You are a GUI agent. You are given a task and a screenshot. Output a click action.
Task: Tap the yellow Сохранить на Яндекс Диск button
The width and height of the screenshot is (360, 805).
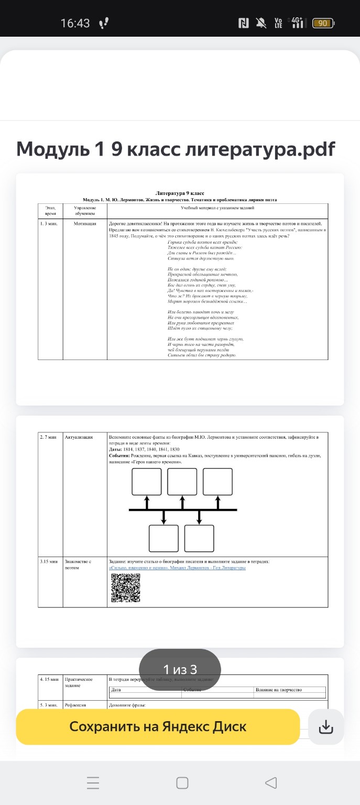[158, 727]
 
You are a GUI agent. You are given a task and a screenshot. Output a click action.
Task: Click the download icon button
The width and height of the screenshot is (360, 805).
[326, 727]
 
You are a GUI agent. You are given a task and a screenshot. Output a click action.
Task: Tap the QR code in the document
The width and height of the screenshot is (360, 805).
[126, 588]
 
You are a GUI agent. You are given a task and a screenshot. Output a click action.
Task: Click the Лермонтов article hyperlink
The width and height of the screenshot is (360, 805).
[177, 568]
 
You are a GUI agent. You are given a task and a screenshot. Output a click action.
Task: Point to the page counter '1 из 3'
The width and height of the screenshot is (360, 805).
[180, 669]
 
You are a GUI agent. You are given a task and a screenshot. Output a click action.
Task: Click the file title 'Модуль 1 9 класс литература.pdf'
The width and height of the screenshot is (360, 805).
[176, 149]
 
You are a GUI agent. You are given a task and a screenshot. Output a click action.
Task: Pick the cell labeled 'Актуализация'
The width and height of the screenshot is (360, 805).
[79, 437]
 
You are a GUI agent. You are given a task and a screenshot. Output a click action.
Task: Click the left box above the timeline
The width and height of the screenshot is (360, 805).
[147, 482]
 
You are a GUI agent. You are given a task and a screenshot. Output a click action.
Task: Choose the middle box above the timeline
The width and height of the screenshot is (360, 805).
[182, 482]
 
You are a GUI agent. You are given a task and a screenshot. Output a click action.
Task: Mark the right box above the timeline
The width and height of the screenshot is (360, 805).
[217, 482]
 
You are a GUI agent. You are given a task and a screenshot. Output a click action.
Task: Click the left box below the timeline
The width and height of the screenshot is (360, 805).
[164, 538]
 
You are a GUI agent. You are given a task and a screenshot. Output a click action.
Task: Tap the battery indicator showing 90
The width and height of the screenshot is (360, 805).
[323, 23]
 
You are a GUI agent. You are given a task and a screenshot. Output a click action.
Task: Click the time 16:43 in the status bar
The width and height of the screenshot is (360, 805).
[75, 23]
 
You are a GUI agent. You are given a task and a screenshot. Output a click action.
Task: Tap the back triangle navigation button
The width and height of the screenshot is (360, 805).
[270, 783]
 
